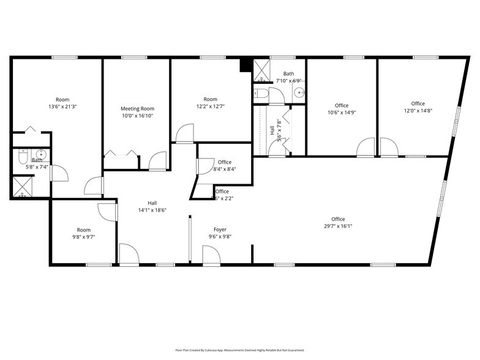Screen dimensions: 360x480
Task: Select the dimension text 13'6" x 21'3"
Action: coord(62,107)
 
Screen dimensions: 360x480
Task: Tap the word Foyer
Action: coord(220,230)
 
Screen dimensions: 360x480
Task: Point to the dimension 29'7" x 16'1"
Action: coord(338,226)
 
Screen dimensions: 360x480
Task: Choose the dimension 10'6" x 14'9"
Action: coord(342,112)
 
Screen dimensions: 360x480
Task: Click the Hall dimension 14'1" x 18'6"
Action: coord(152,210)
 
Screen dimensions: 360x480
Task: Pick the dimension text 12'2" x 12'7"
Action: coord(210,106)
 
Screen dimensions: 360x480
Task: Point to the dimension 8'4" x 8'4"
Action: coord(224,169)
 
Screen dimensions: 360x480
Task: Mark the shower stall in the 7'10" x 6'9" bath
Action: coord(262,70)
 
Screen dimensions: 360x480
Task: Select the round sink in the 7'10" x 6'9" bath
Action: coord(299,94)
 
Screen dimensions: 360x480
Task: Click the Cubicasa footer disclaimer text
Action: coord(239,350)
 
